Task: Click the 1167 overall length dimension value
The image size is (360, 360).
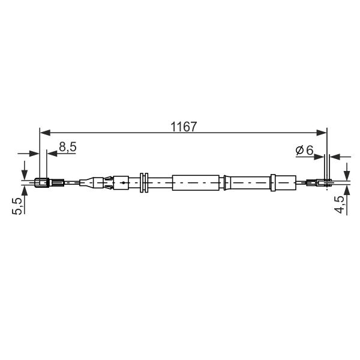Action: pos(184,127)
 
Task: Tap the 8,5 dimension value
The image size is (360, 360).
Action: pos(67,147)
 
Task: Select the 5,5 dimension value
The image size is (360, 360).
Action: pos(17,206)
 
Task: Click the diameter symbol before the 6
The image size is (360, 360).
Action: pos(299,150)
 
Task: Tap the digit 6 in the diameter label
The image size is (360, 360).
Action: pos(310,150)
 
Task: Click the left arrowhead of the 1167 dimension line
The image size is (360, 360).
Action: pos(45,133)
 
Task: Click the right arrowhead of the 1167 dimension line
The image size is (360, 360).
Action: pos(322,133)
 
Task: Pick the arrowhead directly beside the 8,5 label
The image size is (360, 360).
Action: pos(52,154)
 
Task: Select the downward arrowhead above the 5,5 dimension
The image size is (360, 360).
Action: pos(25,174)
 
